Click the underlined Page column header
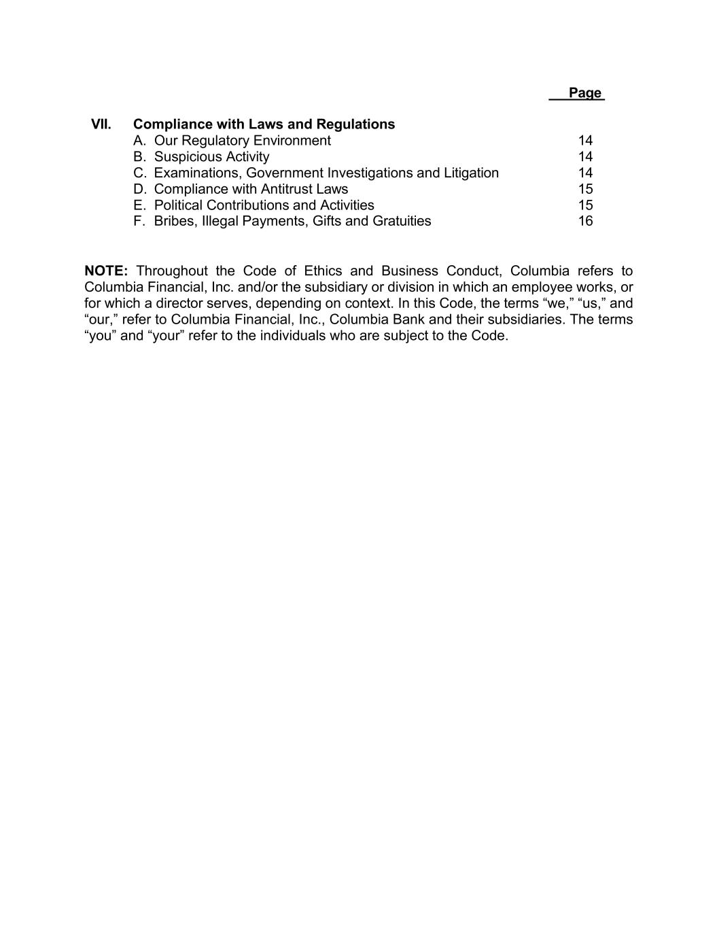[584, 93]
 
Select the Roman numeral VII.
[101, 124]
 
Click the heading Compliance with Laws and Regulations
[264, 124]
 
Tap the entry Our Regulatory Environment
[242, 141]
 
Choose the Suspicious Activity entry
[211, 157]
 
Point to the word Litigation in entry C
[471, 173]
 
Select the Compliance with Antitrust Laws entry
[251, 189]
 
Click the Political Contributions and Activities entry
[264, 205]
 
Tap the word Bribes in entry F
[173, 221]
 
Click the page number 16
[585, 221]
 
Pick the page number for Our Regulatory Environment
[585, 141]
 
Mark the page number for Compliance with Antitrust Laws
[585, 189]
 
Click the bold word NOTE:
[106, 271]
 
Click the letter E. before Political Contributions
[139, 205]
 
